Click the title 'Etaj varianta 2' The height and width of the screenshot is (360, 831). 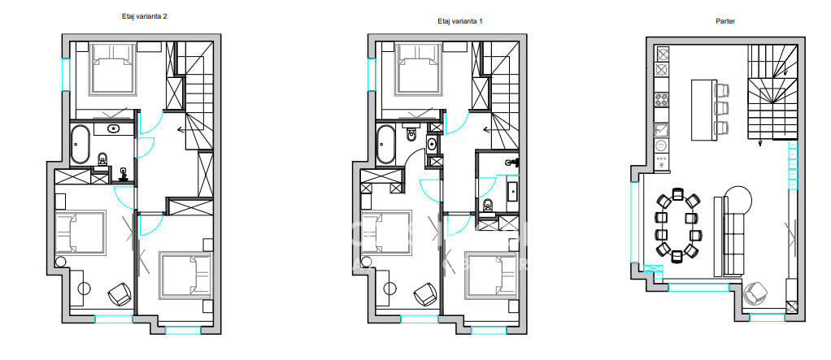click(145, 16)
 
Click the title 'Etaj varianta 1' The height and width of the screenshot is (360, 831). click(459, 21)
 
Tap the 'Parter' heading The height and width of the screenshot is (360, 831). click(725, 21)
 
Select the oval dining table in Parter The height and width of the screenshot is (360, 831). click(678, 225)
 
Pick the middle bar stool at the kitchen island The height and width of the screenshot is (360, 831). click(720, 109)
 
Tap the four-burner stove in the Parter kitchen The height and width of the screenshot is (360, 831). click(663, 99)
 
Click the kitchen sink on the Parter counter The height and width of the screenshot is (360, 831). click(663, 129)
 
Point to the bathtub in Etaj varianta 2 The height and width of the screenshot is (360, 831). click(81, 144)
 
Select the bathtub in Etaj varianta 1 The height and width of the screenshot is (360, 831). click(385, 144)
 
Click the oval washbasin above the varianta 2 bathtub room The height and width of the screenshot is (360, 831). click(113, 128)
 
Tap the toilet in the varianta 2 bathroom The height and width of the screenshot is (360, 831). click(102, 158)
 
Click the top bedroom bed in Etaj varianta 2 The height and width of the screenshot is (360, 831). click(112, 69)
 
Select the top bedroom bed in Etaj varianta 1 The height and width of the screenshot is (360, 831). click(418, 69)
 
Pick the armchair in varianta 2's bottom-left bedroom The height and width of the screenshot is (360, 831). click(120, 294)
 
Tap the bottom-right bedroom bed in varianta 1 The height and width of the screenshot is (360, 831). click(491, 275)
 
